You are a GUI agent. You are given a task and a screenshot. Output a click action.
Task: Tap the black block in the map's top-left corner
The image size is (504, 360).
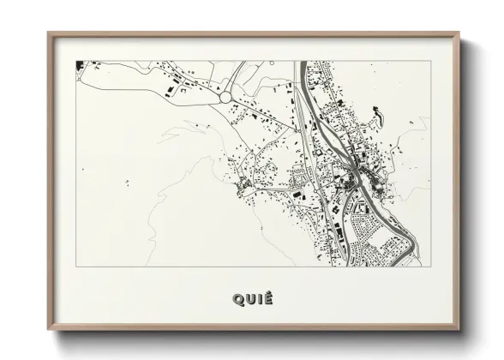point(79,63)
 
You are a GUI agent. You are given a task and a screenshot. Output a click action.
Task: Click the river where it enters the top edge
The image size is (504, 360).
point(303,63)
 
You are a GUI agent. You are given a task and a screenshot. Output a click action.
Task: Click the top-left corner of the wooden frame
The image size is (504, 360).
point(48,33)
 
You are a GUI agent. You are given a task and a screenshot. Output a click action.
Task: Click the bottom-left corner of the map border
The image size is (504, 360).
point(76,266)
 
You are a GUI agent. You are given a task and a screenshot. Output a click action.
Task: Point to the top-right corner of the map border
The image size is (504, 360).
point(429,60)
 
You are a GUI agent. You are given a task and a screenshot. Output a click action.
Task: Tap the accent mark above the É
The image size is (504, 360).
point(268,292)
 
